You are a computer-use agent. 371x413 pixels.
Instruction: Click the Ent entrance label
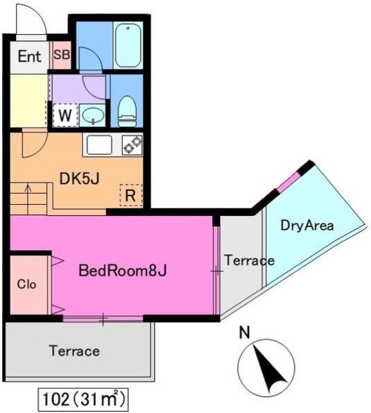(x=29, y=56)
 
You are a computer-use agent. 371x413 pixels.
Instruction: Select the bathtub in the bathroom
(x=127, y=45)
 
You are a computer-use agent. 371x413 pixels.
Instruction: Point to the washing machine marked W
(x=64, y=115)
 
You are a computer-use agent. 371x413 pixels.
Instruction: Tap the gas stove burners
(x=132, y=145)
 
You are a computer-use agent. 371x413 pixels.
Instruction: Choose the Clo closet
(x=28, y=285)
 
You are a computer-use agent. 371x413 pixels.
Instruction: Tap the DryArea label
(x=307, y=226)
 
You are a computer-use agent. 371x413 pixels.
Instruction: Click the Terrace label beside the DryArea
(x=249, y=261)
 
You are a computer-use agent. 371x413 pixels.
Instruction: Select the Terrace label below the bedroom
(x=74, y=351)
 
